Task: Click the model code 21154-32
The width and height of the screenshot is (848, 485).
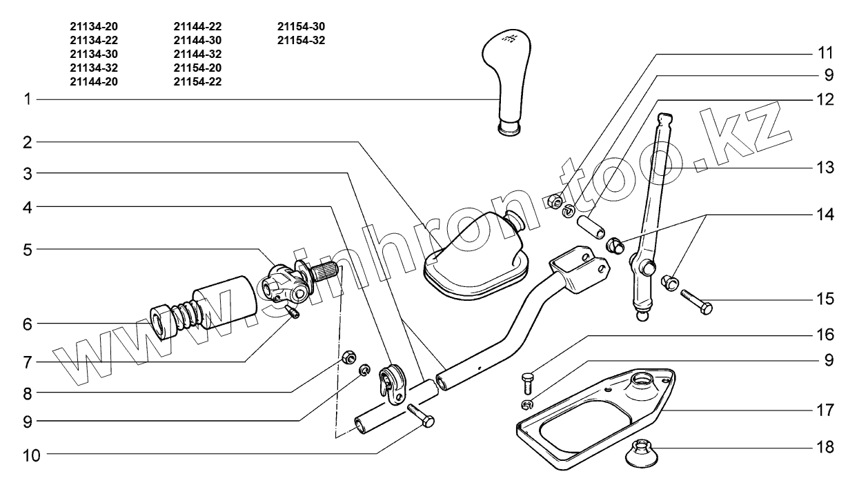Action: click(301, 40)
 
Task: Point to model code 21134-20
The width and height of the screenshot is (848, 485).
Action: click(94, 26)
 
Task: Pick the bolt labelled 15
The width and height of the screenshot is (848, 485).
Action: click(697, 302)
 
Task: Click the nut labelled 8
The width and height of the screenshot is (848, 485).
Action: click(349, 357)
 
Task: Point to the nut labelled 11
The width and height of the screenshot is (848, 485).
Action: click(553, 201)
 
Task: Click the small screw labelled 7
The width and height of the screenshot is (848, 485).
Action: click(295, 314)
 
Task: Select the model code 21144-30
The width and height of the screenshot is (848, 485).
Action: click(197, 40)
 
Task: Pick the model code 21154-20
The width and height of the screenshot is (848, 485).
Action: click(197, 68)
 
